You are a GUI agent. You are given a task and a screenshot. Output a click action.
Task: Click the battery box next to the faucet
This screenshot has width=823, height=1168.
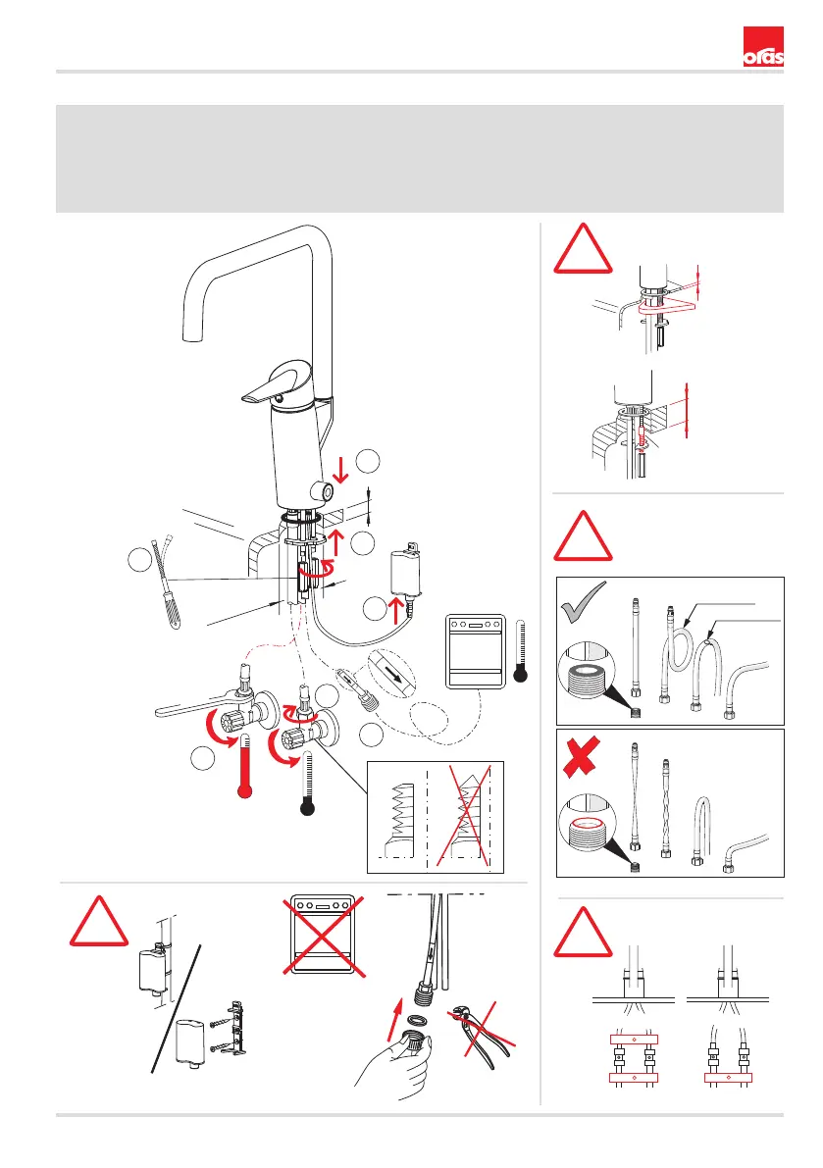point(403,569)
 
